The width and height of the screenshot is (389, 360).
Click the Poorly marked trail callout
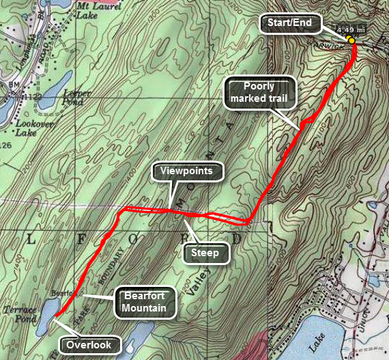(x=261, y=92)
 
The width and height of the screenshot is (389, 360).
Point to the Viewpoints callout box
(x=186, y=171)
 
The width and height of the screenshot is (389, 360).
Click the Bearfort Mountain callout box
(x=145, y=303)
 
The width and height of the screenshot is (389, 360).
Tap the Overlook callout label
(x=89, y=345)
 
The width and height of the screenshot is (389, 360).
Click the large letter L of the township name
(x=31, y=238)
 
